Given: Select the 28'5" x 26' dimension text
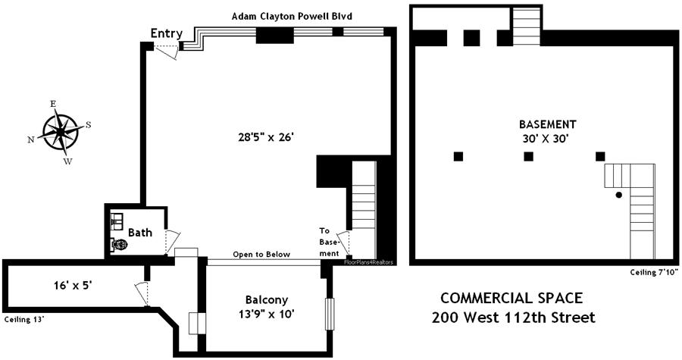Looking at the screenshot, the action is [264, 137].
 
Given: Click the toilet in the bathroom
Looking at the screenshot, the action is [119, 245].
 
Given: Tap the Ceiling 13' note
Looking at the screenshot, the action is [24, 319].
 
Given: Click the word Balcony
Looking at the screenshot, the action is [265, 299].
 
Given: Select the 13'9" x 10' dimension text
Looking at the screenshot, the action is [264, 312].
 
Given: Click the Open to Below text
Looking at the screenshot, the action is [261, 255].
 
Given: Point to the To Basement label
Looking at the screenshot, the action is [328, 241].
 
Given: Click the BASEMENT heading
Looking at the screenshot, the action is [548, 124].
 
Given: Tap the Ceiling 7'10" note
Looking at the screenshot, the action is [653, 271].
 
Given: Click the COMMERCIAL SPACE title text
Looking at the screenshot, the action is [512, 298].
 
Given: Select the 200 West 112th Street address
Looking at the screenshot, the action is [513, 317].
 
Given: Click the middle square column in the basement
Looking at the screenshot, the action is [528, 157].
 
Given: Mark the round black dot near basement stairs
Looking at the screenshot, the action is [618, 195].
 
